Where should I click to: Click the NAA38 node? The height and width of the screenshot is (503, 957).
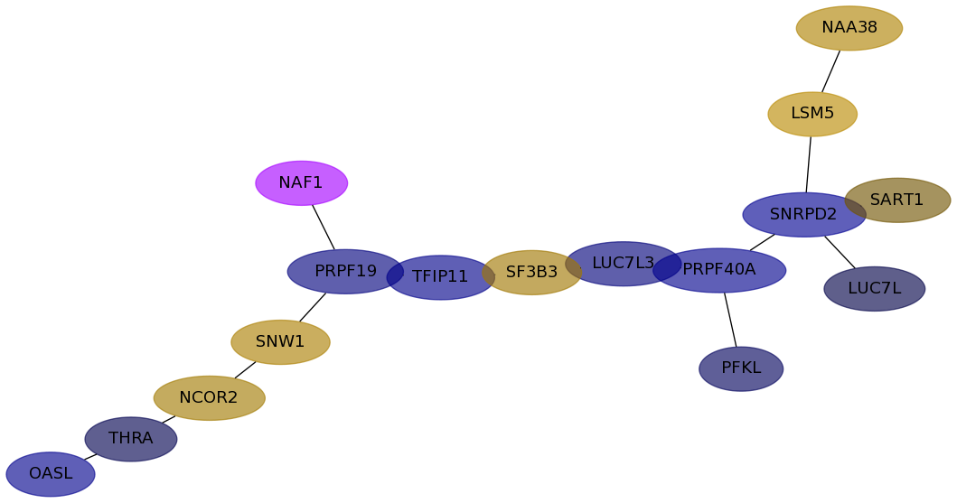coord(849,28)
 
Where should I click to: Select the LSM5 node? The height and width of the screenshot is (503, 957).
coord(812,114)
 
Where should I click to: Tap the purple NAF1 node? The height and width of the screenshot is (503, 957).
coord(301,183)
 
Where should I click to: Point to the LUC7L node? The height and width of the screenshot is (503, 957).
coord(874,289)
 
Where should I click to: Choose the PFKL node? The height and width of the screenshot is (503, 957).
coord(741,368)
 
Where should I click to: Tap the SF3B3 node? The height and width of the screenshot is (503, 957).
coord(531,272)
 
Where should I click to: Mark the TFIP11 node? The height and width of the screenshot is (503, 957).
coord(440,277)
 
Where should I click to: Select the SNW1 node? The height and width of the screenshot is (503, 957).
coord(280,342)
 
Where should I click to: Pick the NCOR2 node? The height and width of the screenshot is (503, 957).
coord(209,398)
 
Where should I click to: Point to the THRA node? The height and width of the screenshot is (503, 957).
coord(131,439)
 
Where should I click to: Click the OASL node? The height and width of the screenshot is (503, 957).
coord(51,474)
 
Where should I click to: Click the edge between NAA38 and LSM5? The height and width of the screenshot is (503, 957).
coord(831,70)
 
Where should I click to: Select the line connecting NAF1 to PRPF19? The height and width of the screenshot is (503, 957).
coord(324,227)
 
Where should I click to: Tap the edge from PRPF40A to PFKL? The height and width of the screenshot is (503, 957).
coord(730,320)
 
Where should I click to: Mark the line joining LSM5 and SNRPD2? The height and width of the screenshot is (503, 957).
coord(809,164)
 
